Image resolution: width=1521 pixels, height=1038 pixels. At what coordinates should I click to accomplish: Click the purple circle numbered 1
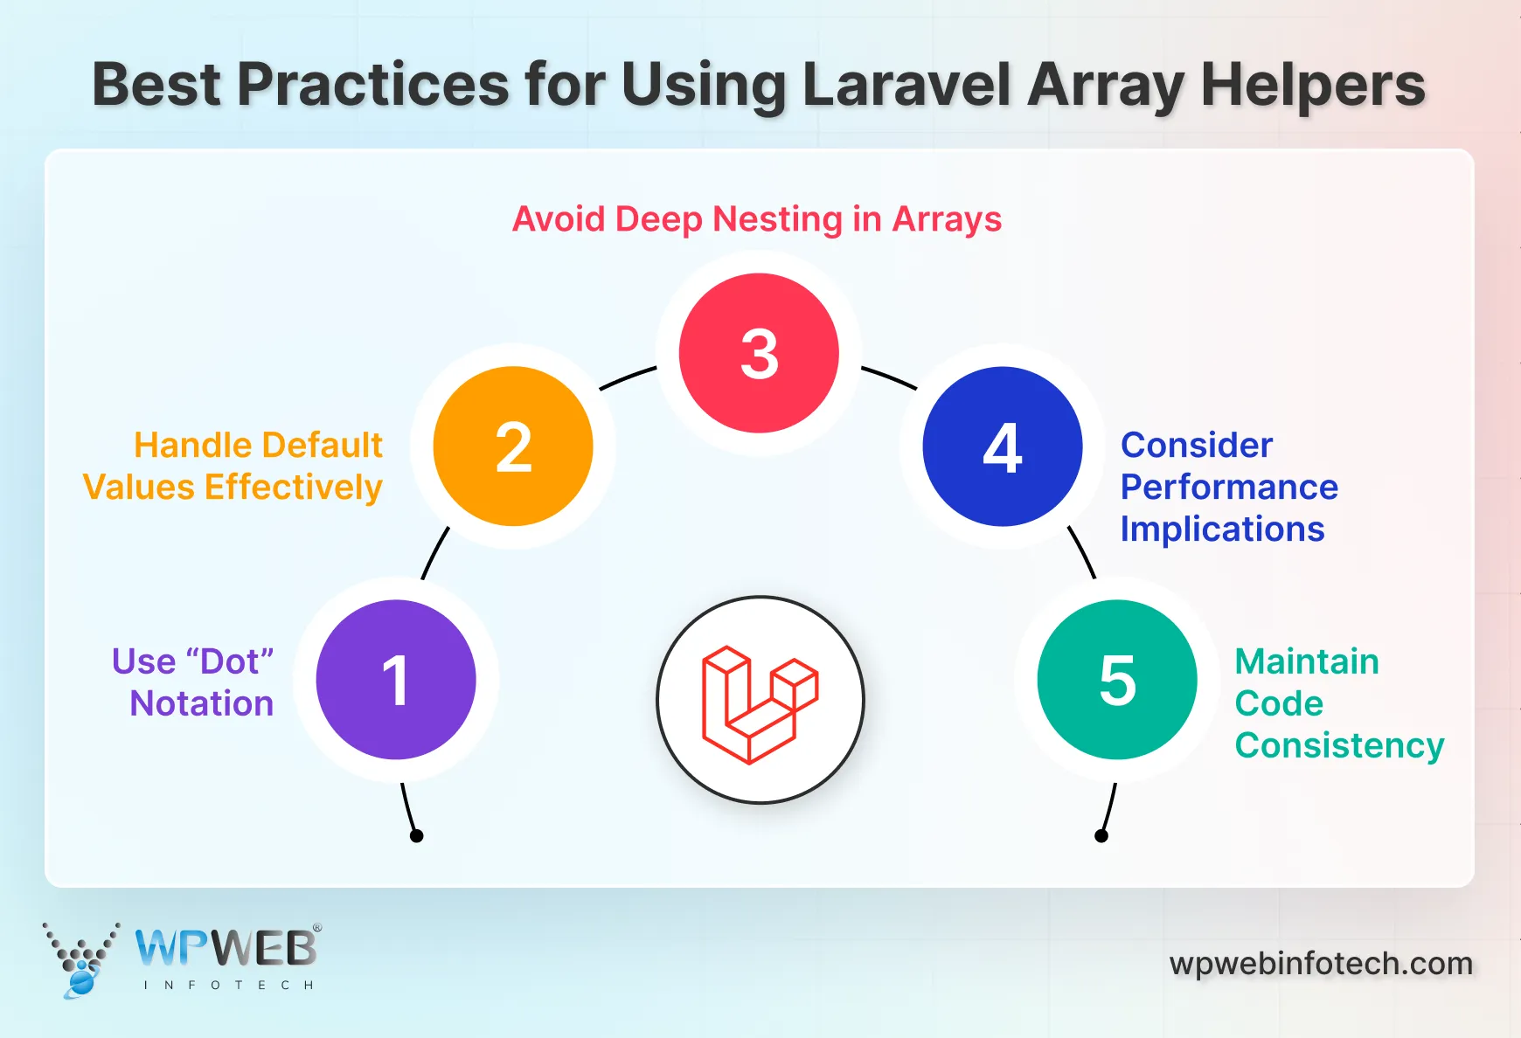coord(396,680)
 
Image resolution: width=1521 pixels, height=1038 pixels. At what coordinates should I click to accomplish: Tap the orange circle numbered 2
coord(513,446)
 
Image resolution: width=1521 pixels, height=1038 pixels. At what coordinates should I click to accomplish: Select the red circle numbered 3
coord(759,353)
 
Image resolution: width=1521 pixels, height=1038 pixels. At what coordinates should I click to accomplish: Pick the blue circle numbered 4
coord(1003,446)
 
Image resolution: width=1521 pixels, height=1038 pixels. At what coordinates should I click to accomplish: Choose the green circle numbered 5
coord(1117,680)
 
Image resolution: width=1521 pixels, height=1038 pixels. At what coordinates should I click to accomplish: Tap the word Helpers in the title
coord(1313,85)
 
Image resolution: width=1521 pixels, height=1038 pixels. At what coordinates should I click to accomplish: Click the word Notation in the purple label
coord(202,703)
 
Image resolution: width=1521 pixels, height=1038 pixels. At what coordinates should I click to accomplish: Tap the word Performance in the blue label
coord(1229,487)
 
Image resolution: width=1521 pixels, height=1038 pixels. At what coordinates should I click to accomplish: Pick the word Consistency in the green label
coord(1339,745)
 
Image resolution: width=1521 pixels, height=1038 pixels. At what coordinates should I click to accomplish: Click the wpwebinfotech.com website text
coord(1321,964)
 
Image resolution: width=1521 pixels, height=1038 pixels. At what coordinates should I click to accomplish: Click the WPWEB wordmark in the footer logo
coord(226,948)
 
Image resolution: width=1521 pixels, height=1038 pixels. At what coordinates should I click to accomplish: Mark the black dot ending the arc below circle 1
coord(417,836)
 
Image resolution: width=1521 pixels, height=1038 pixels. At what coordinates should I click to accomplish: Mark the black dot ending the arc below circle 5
coord(1101,836)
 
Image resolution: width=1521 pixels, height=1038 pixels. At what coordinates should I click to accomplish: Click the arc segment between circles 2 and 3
coord(627,377)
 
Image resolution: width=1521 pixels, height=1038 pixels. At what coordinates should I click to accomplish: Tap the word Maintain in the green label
coord(1307,661)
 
